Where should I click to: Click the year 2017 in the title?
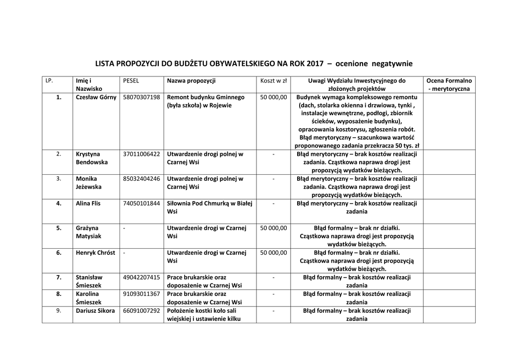[315, 64]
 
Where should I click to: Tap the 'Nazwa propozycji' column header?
[191, 80]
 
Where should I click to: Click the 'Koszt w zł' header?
[274, 80]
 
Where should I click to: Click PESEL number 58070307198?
[141, 97]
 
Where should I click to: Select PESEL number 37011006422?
[141, 154]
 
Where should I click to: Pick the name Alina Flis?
[88, 203]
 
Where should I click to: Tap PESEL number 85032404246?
[141, 179]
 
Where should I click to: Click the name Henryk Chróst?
[95, 253]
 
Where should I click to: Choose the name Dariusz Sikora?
[95, 311]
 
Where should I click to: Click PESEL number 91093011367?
[141, 294]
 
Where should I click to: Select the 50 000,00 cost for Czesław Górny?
[274, 97]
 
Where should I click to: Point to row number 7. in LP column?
[59, 277]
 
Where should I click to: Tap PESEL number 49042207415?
[141, 277]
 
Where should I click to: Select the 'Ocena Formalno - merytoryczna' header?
[449, 84]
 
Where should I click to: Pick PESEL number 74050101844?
[141, 203]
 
